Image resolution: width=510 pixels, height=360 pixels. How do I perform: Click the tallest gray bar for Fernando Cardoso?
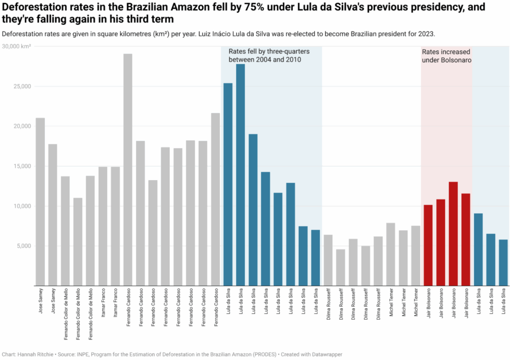click(128, 169)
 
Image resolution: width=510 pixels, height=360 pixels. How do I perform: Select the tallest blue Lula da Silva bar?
click(241, 174)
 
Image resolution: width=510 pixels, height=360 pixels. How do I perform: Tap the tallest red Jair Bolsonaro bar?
click(453, 234)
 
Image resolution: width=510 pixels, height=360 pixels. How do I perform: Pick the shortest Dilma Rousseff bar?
click(341, 267)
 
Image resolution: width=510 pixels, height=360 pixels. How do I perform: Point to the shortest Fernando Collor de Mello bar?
click(78, 241)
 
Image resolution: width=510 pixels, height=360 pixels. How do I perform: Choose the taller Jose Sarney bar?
click(40, 202)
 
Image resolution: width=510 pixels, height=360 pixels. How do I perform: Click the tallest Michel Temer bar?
click(391, 254)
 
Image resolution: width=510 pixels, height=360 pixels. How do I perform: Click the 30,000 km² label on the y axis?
click(17, 46)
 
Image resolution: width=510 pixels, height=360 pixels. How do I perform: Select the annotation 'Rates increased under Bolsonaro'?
click(446, 56)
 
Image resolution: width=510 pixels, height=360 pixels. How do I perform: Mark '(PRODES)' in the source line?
click(261, 354)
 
